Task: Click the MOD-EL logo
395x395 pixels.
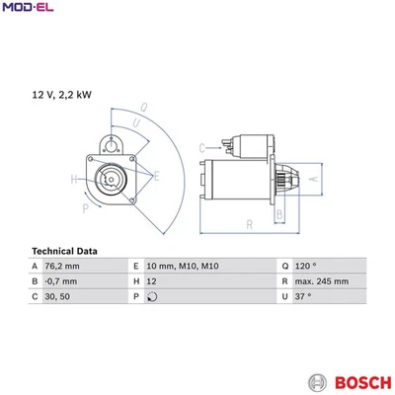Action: pos(28,8)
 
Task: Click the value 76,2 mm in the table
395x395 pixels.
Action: pos(63,267)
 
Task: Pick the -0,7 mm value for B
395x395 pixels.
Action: pos(62,281)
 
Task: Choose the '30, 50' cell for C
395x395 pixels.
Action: pos(57,296)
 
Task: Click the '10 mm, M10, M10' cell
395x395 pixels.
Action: pos(182,267)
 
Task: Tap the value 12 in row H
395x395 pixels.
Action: pos(151,281)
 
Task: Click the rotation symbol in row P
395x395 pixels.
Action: pos(151,296)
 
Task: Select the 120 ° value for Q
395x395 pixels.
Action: pos(305,267)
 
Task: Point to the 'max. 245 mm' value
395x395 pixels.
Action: pos(322,281)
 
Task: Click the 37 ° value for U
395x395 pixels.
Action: pos(302,296)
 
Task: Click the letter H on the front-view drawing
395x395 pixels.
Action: pos(74,179)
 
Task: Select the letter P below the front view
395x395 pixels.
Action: pos(85,208)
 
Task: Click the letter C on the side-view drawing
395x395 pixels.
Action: pos(201,148)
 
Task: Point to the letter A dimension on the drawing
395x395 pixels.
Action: pos(342,179)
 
